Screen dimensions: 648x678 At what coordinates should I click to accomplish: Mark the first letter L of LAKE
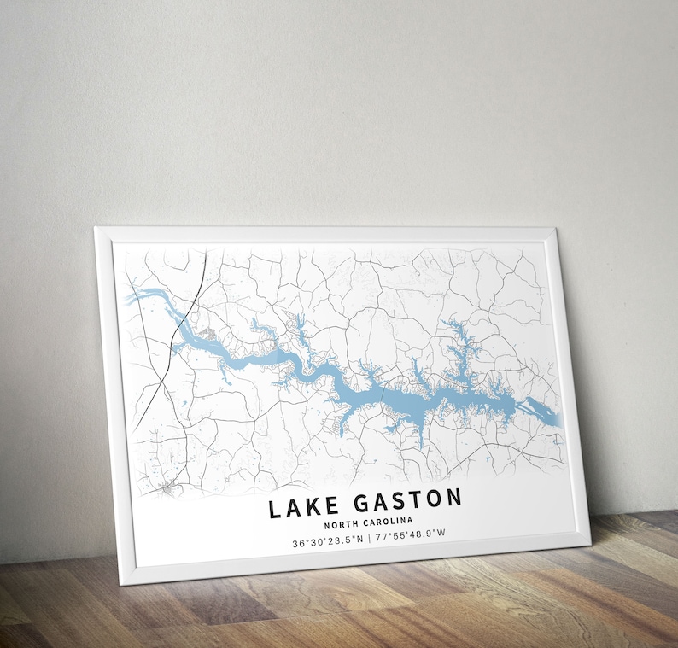click(x=276, y=509)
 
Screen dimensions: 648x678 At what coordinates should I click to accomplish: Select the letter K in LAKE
click(x=307, y=506)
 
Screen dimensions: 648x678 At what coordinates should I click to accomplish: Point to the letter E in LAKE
click(x=324, y=505)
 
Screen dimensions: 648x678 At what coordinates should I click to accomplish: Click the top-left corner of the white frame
click(x=96, y=228)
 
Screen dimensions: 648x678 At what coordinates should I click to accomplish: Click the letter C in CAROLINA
click(x=362, y=522)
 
